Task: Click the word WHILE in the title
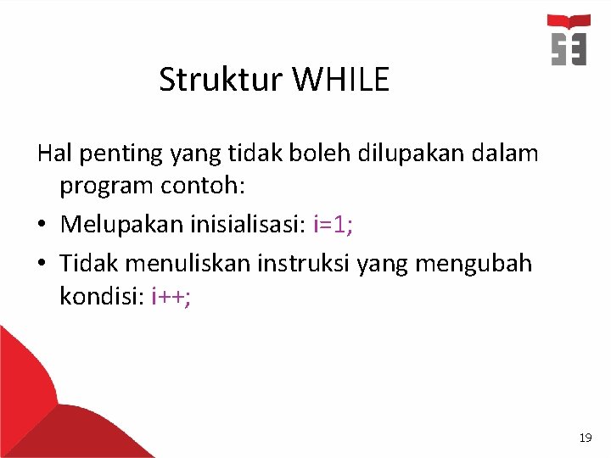[x=341, y=80]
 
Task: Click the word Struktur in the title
[x=222, y=80]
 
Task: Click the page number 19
[x=585, y=438]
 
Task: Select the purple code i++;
[x=171, y=297]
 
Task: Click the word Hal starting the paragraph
[x=53, y=154]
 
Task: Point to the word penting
[x=119, y=154]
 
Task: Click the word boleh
[x=301, y=154]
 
